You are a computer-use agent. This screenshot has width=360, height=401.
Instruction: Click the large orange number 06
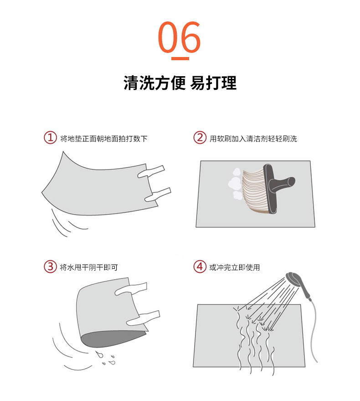click(180, 37)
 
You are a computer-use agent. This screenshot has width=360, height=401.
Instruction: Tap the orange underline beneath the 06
click(180, 58)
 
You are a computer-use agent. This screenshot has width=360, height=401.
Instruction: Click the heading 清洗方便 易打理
click(180, 83)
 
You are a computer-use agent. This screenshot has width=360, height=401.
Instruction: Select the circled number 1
click(50, 138)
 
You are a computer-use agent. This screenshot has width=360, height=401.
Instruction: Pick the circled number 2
click(200, 138)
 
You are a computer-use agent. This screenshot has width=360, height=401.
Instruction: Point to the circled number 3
click(50, 266)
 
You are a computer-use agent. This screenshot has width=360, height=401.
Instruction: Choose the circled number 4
click(200, 266)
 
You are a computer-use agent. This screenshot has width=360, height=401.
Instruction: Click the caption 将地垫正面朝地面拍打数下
click(104, 139)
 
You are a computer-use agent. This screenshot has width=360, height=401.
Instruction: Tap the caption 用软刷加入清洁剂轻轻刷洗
click(253, 139)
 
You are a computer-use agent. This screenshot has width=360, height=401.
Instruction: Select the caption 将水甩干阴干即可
click(89, 267)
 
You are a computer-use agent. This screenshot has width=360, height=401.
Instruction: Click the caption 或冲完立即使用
click(235, 267)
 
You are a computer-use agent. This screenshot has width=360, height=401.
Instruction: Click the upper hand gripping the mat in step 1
click(151, 172)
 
